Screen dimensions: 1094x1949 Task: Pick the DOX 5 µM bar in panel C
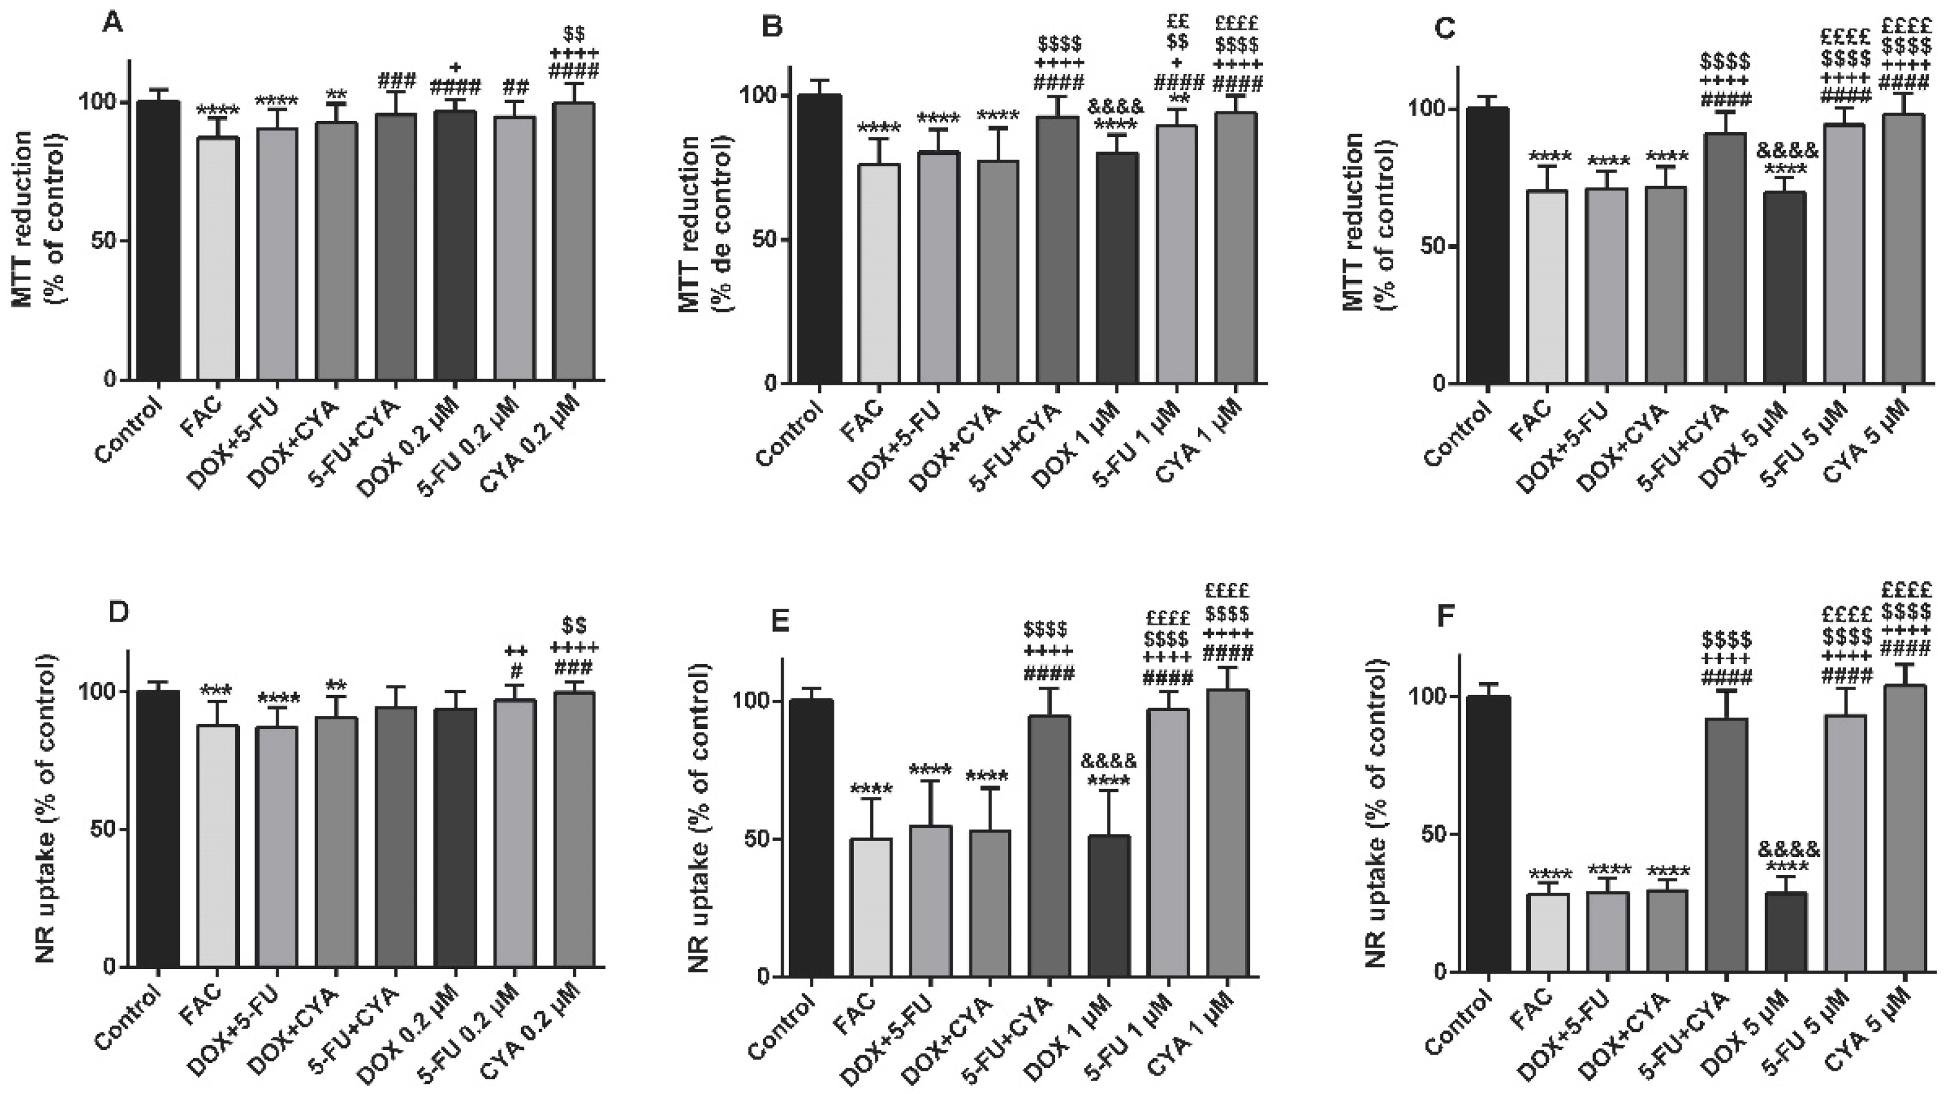click(x=1785, y=288)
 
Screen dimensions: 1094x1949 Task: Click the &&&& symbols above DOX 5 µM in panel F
click(x=1788, y=849)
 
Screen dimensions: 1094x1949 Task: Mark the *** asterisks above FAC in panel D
click(x=217, y=690)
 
